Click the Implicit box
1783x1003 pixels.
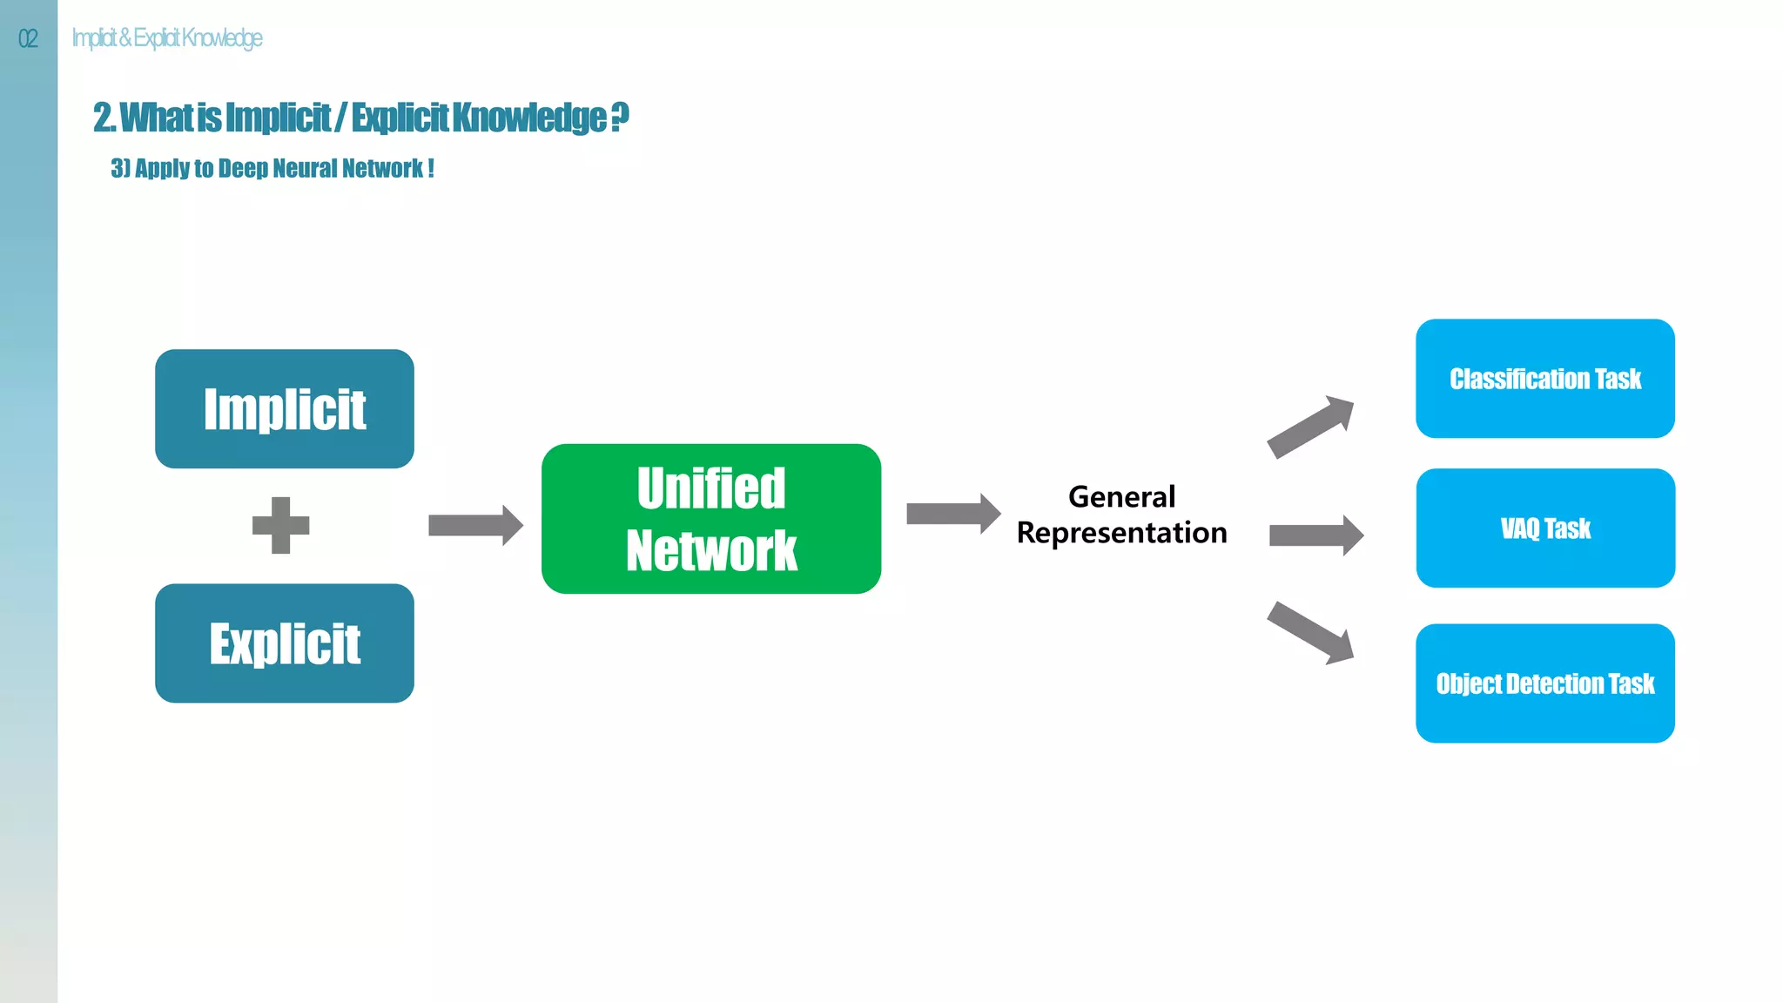(284, 408)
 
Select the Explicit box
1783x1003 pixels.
(284, 643)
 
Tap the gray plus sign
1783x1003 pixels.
(280, 525)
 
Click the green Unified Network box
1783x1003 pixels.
(710, 519)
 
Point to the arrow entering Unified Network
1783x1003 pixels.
(474, 525)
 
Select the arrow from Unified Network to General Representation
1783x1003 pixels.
(952, 514)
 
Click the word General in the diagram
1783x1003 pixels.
(1121, 497)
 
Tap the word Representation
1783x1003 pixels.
(1121, 533)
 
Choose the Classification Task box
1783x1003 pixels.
(1544, 379)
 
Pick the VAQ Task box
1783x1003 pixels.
(1544, 528)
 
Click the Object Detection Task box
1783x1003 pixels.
(1544, 683)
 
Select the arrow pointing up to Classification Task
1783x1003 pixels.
(1311, 426)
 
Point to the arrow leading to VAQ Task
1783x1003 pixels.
(1315, 535)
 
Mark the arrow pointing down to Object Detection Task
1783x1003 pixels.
(1311, 633)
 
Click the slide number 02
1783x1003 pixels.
(28, 38)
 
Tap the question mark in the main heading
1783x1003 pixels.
(619, 117)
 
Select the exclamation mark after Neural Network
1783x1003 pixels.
(431, 168)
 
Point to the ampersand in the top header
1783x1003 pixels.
(124, 37)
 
